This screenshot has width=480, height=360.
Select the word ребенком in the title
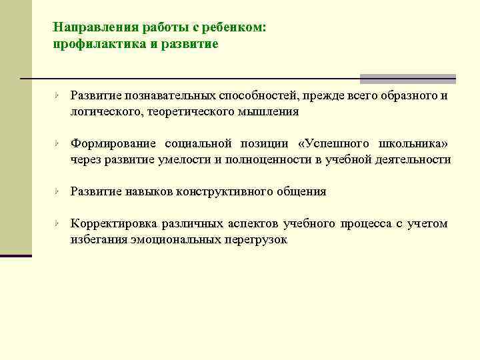click(235, 28)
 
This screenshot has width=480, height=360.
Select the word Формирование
click(114, 144)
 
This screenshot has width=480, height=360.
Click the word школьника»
click(417, 144)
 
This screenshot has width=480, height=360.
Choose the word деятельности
click(411, 160)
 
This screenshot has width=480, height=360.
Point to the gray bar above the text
click(407, 78)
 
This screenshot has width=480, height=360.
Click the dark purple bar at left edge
click(15, 254)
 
